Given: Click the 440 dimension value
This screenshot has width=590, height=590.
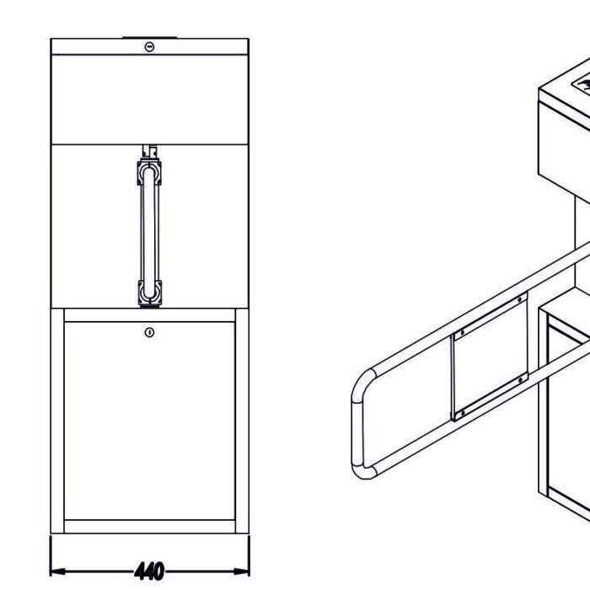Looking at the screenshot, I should point(149,571).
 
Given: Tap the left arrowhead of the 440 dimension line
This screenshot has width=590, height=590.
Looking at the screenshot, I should point(56,571).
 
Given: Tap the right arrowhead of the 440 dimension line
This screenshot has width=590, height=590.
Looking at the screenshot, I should point(245,571).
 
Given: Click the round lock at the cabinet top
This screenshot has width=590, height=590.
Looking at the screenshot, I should point(149,46).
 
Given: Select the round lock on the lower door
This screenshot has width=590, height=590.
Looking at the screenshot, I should point(149,333).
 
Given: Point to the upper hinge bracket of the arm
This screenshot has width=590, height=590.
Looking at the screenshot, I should point(149,174).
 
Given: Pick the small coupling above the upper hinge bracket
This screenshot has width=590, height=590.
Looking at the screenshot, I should point(149,152).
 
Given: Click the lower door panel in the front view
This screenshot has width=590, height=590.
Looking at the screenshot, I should point(149,421).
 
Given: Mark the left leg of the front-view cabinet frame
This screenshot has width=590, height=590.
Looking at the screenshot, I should point(57,421).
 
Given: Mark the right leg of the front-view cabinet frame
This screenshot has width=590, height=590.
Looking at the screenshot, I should point(243,421).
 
